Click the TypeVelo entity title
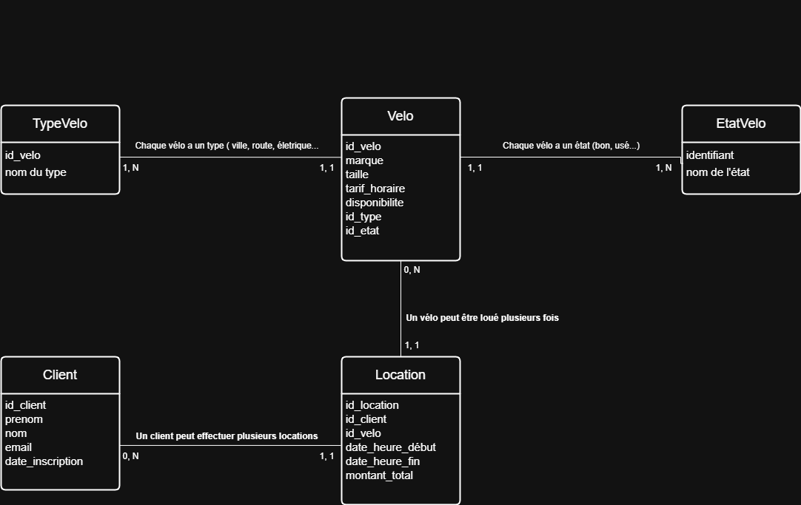(60, 123)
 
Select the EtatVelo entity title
(741, 123)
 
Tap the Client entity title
(60, 375)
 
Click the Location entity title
(400, 375)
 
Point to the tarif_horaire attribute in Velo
(375, 189)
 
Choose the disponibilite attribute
(375, 203)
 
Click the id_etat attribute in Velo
(362, 231)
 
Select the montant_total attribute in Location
(379, 475)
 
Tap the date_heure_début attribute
(390, 447)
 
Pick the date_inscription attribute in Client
(44, 461)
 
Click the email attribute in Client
(19, 447)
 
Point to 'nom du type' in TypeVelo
(36, 172)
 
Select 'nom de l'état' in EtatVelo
(718, 172)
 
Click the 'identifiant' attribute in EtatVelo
(709, 155)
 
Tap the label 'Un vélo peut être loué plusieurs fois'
(482, 318)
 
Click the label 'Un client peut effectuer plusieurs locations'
(227, 436)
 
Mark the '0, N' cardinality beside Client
(131, 456)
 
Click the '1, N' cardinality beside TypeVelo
(131, 168)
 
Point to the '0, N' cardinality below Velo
(412, 270)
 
